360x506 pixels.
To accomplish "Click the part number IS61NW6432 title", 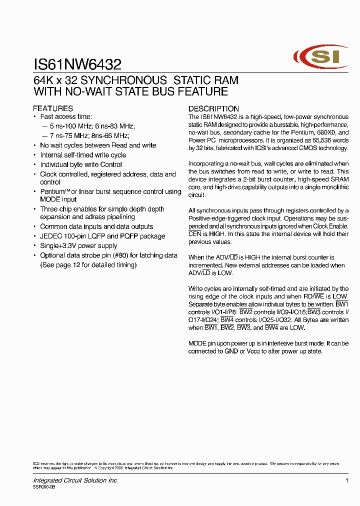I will (x=77, y=64).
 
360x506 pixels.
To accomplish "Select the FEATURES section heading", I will (x=53, y=108).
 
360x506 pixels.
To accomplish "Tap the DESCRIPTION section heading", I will (x=213, y=108).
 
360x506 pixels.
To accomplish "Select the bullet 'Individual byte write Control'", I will (x=81, y=164).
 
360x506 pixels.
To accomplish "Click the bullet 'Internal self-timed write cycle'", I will (x=83, y=155).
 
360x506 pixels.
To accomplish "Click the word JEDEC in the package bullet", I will (x=50, y=236).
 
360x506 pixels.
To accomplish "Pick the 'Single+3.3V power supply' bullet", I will (x=78, y=245).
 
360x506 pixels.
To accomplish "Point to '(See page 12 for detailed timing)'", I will (x=88, y=264).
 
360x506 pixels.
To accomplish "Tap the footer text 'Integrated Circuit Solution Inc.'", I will (x=75, y=480).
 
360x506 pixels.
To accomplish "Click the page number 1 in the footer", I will (x=346, y=480).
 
